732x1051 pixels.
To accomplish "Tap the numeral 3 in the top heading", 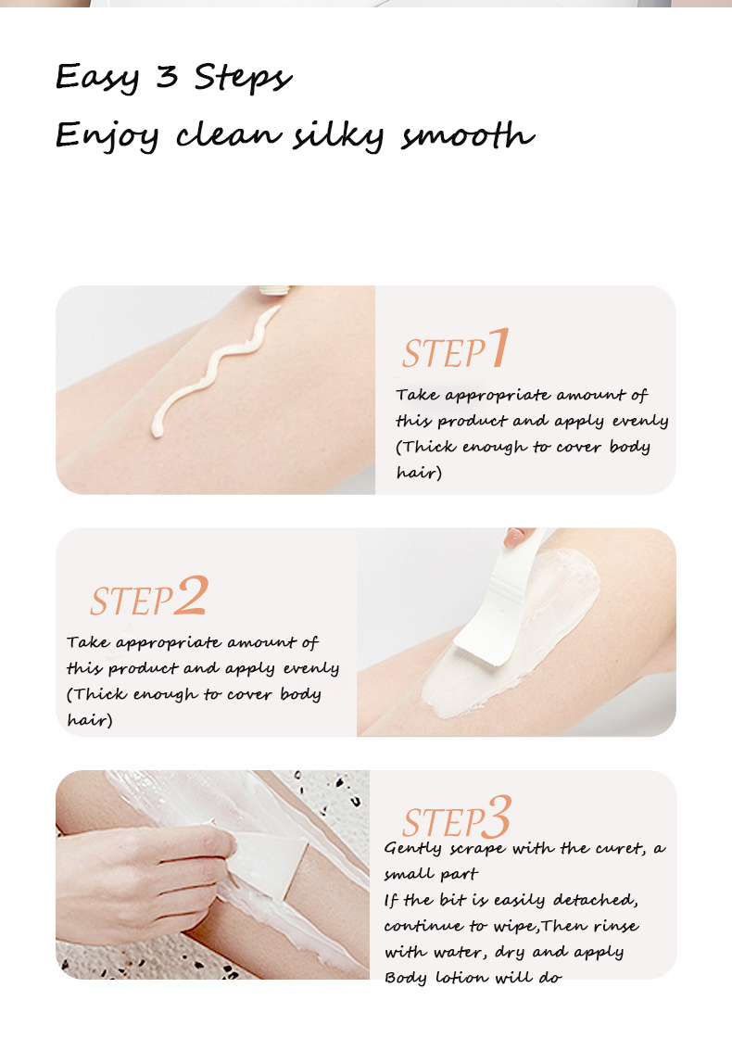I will [x=167, y=77].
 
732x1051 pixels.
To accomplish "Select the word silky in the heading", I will [x=338, y=135].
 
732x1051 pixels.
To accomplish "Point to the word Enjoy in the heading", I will [x=107, y=137].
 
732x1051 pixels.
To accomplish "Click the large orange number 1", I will [x=499, y=348].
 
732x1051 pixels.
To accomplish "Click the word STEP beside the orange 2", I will [x=131, y=601].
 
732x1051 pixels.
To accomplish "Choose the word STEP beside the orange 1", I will [x=444, y=354].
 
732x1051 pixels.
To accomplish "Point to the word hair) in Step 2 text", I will [x=89, y=720].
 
